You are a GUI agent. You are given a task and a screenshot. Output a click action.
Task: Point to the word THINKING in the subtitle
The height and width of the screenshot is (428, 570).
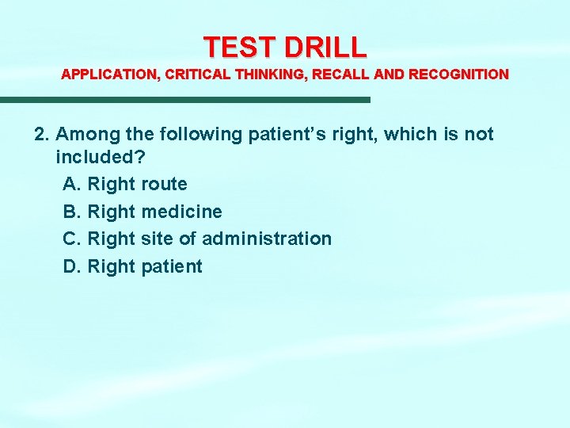(265, 75)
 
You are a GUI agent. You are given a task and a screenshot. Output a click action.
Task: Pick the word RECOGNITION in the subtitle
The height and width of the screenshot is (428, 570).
(459, 75)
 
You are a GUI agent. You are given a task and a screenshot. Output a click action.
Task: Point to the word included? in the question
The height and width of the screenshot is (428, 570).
(100, 156)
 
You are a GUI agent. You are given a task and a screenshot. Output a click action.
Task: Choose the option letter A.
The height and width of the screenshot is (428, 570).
(71, 185)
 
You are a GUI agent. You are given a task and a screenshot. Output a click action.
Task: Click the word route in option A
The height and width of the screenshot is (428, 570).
(164, 185)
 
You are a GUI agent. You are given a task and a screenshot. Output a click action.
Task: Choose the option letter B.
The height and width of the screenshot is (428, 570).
(71, 212)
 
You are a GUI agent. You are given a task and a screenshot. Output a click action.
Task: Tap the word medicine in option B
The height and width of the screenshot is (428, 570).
(181, 212)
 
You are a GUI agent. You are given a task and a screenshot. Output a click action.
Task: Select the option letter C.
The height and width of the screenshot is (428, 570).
(71, 239)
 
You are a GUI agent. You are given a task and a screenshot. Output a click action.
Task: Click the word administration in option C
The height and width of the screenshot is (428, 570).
(267, 239)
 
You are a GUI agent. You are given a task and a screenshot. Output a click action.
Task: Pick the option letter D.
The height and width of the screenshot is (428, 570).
(71, 266)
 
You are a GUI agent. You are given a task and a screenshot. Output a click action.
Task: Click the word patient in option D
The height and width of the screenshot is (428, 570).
(172, 266)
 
